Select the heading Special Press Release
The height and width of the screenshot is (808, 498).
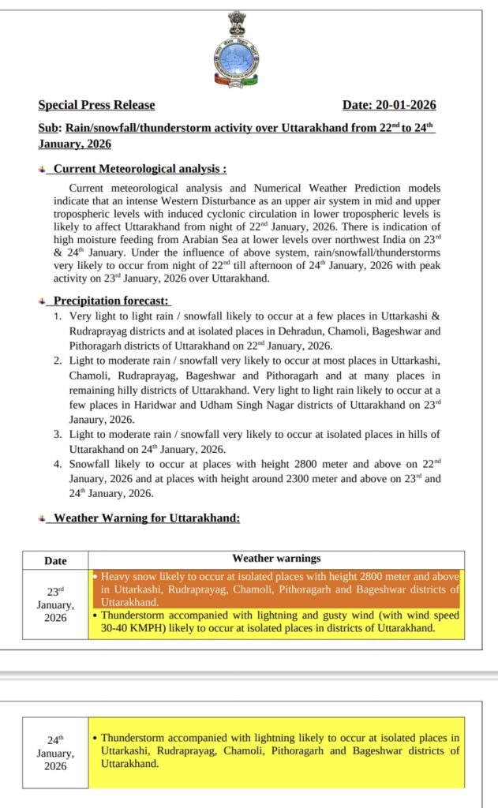point(96,105)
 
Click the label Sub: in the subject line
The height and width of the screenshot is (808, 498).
point(50,128)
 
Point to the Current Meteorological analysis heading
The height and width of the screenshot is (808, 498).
point(140,168)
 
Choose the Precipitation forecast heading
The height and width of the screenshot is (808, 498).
point(112,301)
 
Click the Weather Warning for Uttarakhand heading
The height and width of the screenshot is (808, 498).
point(146,518)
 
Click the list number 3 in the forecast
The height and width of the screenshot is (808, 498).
point(58,434)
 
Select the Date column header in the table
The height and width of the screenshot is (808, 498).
point(55,561)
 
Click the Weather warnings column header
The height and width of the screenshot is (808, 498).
point(276,559)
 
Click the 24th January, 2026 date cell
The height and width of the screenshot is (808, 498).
point(55,753)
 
